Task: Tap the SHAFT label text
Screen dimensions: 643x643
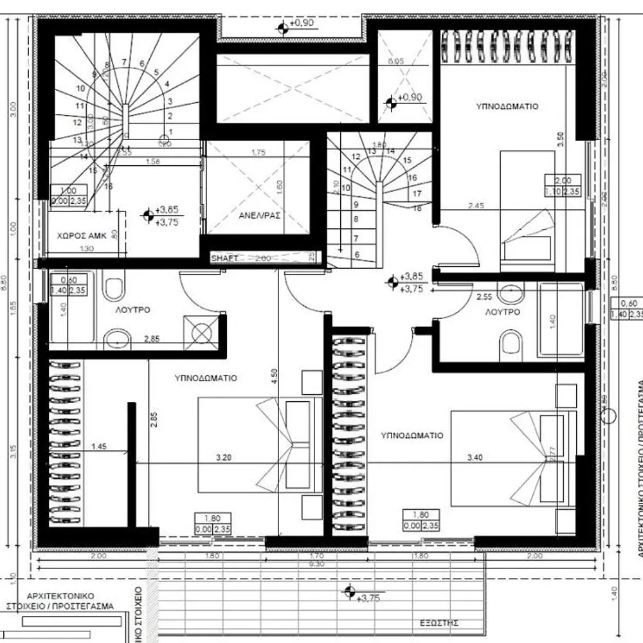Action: (225, 258)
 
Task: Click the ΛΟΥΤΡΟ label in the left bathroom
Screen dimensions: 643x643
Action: (133, 310)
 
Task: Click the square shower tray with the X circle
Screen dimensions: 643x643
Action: (201, 333)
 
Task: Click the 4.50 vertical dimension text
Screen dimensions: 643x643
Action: (275, 376)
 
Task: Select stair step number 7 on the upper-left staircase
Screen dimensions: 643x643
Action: (124, 62)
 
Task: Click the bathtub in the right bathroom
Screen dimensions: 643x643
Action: (560, 320)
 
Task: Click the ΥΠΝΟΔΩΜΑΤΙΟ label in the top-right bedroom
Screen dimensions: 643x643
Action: (507, 106)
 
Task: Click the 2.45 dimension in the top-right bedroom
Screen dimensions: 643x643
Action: (475, 206)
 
